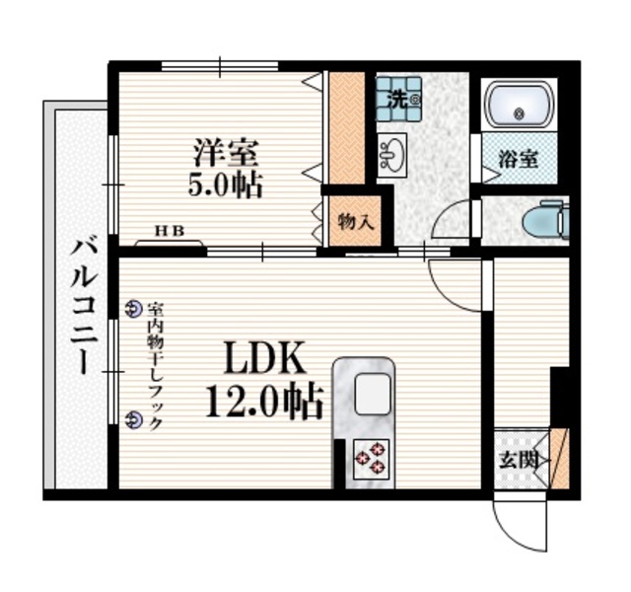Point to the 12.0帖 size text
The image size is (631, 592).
[x=265, y=400]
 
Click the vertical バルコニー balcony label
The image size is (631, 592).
[x=80, y=305]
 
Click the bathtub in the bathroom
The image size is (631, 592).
[x=520, y=107]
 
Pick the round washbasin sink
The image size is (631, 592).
[x=391, y=154]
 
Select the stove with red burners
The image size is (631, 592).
[x=370, y=455]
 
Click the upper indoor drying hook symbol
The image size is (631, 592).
[x=134, y=309]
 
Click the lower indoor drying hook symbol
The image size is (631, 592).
[x=134, y=419]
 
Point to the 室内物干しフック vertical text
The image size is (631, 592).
[x=154, y=365]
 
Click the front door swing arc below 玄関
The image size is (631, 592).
[x=521, y=528]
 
